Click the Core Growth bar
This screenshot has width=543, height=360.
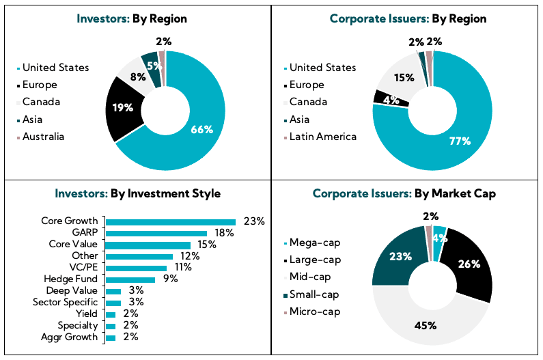[170, 221]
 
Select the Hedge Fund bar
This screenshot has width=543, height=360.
[130, 279]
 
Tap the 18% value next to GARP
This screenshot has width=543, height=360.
[225, 233]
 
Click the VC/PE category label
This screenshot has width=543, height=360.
[84, 268]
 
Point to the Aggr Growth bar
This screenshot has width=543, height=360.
[111, 337]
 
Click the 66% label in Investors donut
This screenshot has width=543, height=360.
[202, 129]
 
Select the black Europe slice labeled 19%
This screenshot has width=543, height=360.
[126, 107]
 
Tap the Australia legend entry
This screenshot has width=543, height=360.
[42, 136]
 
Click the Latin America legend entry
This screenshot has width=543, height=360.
[322, 137]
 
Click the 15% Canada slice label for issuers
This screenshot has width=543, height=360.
[404, 77]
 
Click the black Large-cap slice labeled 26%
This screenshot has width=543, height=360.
[469, 264]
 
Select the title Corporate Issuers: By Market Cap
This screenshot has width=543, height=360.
[404, 193]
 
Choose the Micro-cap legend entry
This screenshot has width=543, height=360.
[315, 311]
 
